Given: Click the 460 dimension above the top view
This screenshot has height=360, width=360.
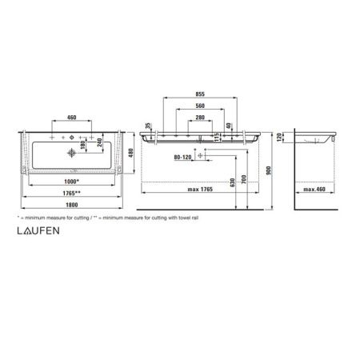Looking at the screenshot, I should (73, 118).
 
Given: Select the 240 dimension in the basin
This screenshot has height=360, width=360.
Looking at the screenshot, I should (100, 144).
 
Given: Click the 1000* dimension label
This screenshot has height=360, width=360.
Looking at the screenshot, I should (70, 182).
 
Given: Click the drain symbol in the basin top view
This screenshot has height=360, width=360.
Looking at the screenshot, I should (73, 150).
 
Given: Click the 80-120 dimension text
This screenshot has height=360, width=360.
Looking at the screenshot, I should (183, 157).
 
